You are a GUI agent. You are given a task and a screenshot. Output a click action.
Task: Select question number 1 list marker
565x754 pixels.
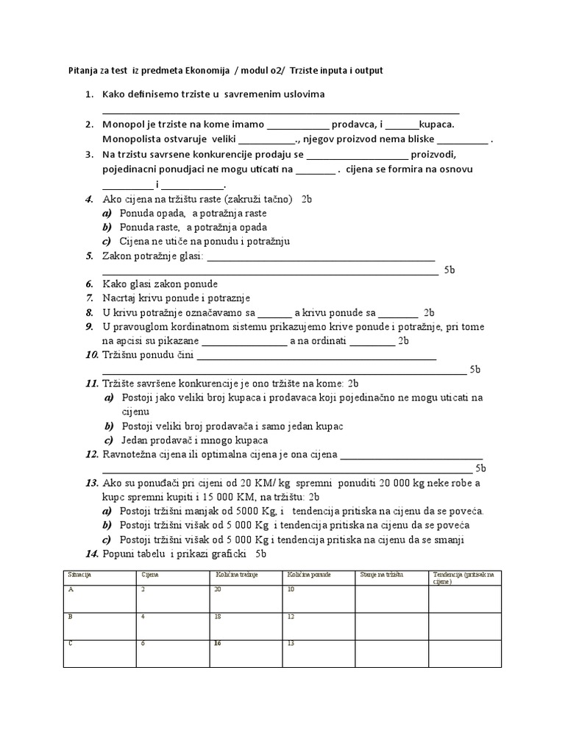tap(89, 94)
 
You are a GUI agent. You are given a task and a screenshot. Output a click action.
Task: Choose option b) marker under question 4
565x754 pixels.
tap(107, 227)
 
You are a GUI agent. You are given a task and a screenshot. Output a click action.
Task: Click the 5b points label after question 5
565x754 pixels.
tap(449, 270)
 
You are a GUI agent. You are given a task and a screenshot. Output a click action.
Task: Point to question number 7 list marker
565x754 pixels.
tap(89, 297)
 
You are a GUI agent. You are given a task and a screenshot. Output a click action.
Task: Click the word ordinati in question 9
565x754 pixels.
tap(328, 340)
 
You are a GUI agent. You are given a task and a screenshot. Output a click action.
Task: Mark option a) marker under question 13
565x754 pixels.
tap(107, 510)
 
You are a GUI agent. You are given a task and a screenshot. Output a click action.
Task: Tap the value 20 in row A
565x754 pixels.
tap(218, 589)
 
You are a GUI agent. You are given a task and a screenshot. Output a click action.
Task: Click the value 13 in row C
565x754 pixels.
tap(291, 643)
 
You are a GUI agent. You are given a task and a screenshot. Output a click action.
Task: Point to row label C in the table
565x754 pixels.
tap(70, 643)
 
